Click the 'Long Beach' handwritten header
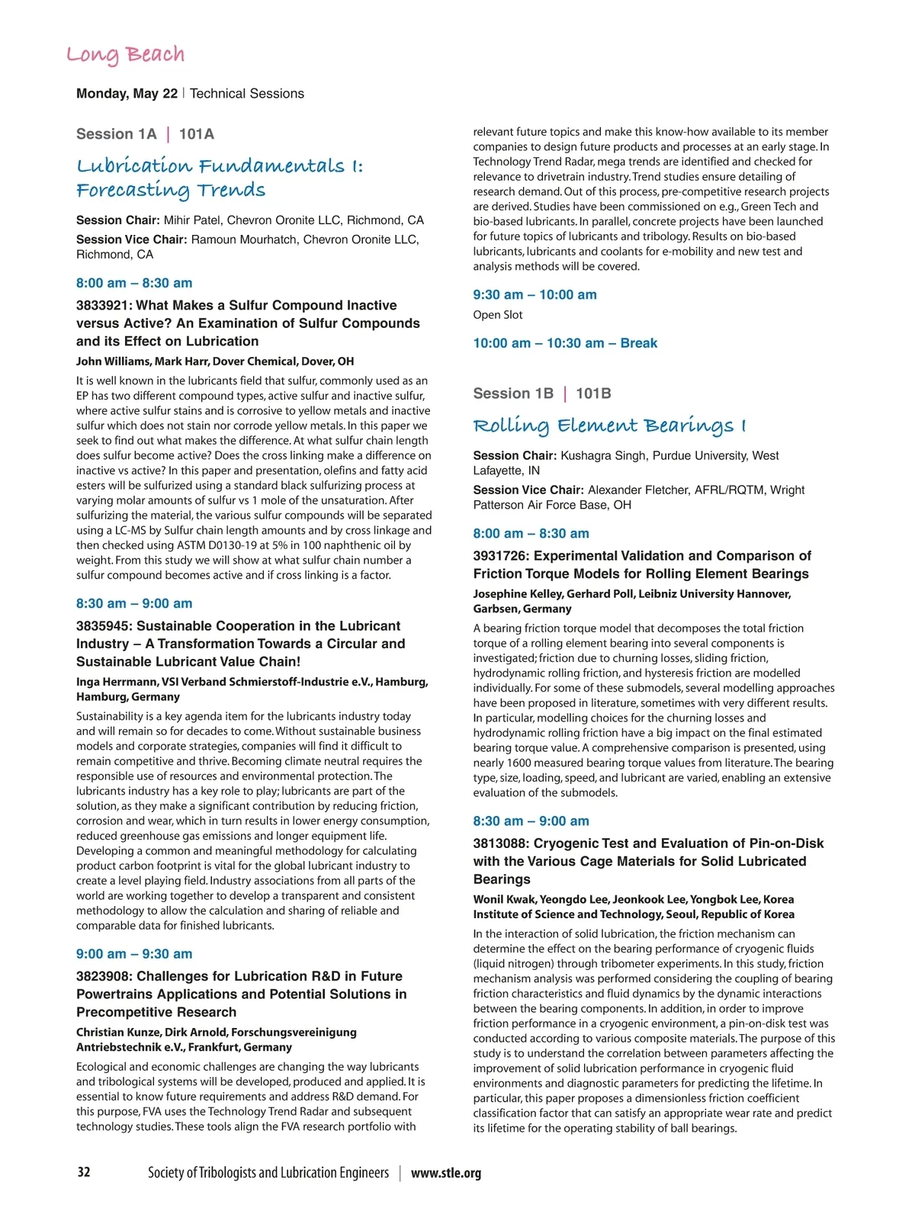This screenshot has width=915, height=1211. click(x=125, y=55)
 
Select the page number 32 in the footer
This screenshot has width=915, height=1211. click(x=84, y=1172)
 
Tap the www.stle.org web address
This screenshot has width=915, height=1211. click(x=446, y=1174)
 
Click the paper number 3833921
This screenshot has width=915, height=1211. click(x=104, y=306)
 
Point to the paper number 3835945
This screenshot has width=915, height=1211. click(x=104, y=626)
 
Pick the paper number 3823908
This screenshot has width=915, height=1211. click(x=104, y=976)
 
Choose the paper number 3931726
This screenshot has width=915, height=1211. click(x=501, y=556)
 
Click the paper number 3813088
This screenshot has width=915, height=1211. click(x=501, y=843)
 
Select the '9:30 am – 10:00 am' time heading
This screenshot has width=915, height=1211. click(x=535, y=295)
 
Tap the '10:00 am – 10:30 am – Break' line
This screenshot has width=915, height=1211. click(x=565, y=343)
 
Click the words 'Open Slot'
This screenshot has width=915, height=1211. click(x=498, y=315)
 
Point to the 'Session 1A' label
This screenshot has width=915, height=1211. click(x=116, y=134)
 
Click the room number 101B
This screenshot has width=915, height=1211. click(x=593, y=393)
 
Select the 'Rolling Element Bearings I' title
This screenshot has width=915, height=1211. click(x=609, y=426)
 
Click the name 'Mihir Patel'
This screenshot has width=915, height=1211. click(x=191, y=220)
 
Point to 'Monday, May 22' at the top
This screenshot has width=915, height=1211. click(x=127, y=94)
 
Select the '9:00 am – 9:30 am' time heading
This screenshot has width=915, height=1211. click(x=134, y=954)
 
